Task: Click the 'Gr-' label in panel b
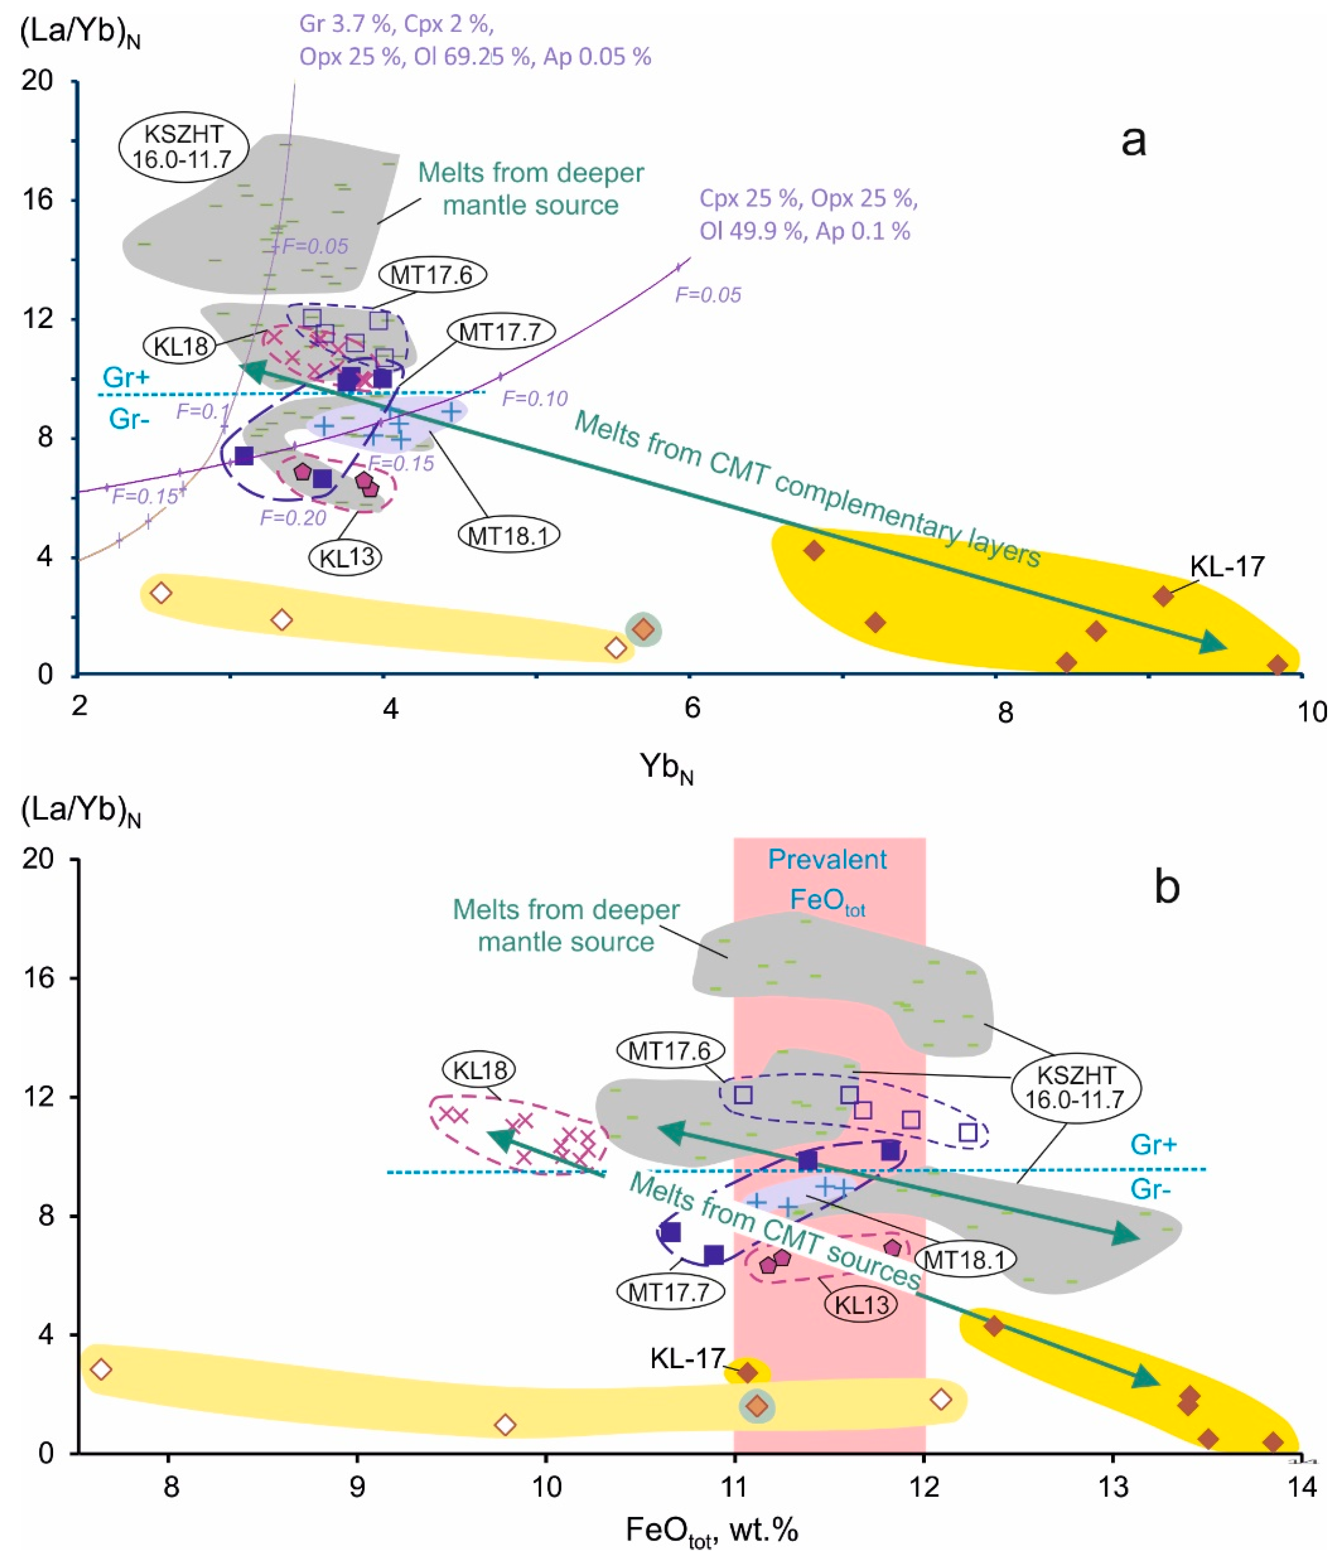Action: click(1150, 1189)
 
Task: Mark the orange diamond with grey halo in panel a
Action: click(643, 629)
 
